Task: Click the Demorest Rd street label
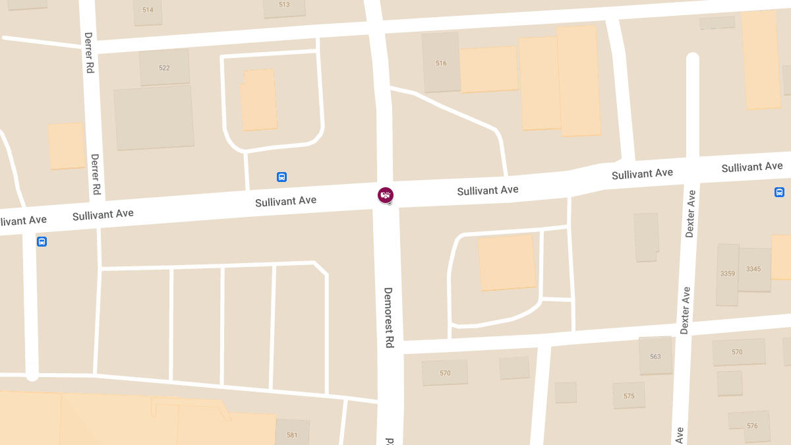click(389, 317)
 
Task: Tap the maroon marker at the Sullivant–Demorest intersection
click(386, 195)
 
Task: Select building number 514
click(148, 10)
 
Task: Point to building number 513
click(284, 5)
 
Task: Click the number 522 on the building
click(164, 68)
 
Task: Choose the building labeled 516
click(441, 63)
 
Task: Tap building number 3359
click(728, 273)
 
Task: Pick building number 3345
click(753, 269)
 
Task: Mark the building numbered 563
click(655, 357)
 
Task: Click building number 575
click(629, 396)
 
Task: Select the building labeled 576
click(752, 426)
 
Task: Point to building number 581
click(292, 435)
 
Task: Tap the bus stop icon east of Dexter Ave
click(779, 192)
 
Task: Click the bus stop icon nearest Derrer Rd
click(42, 242)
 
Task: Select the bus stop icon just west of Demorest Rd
click(281, 177)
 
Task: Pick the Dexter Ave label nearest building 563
click(685, 310)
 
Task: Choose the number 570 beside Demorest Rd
click(445, 373)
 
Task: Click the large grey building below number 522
click(154, 117)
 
